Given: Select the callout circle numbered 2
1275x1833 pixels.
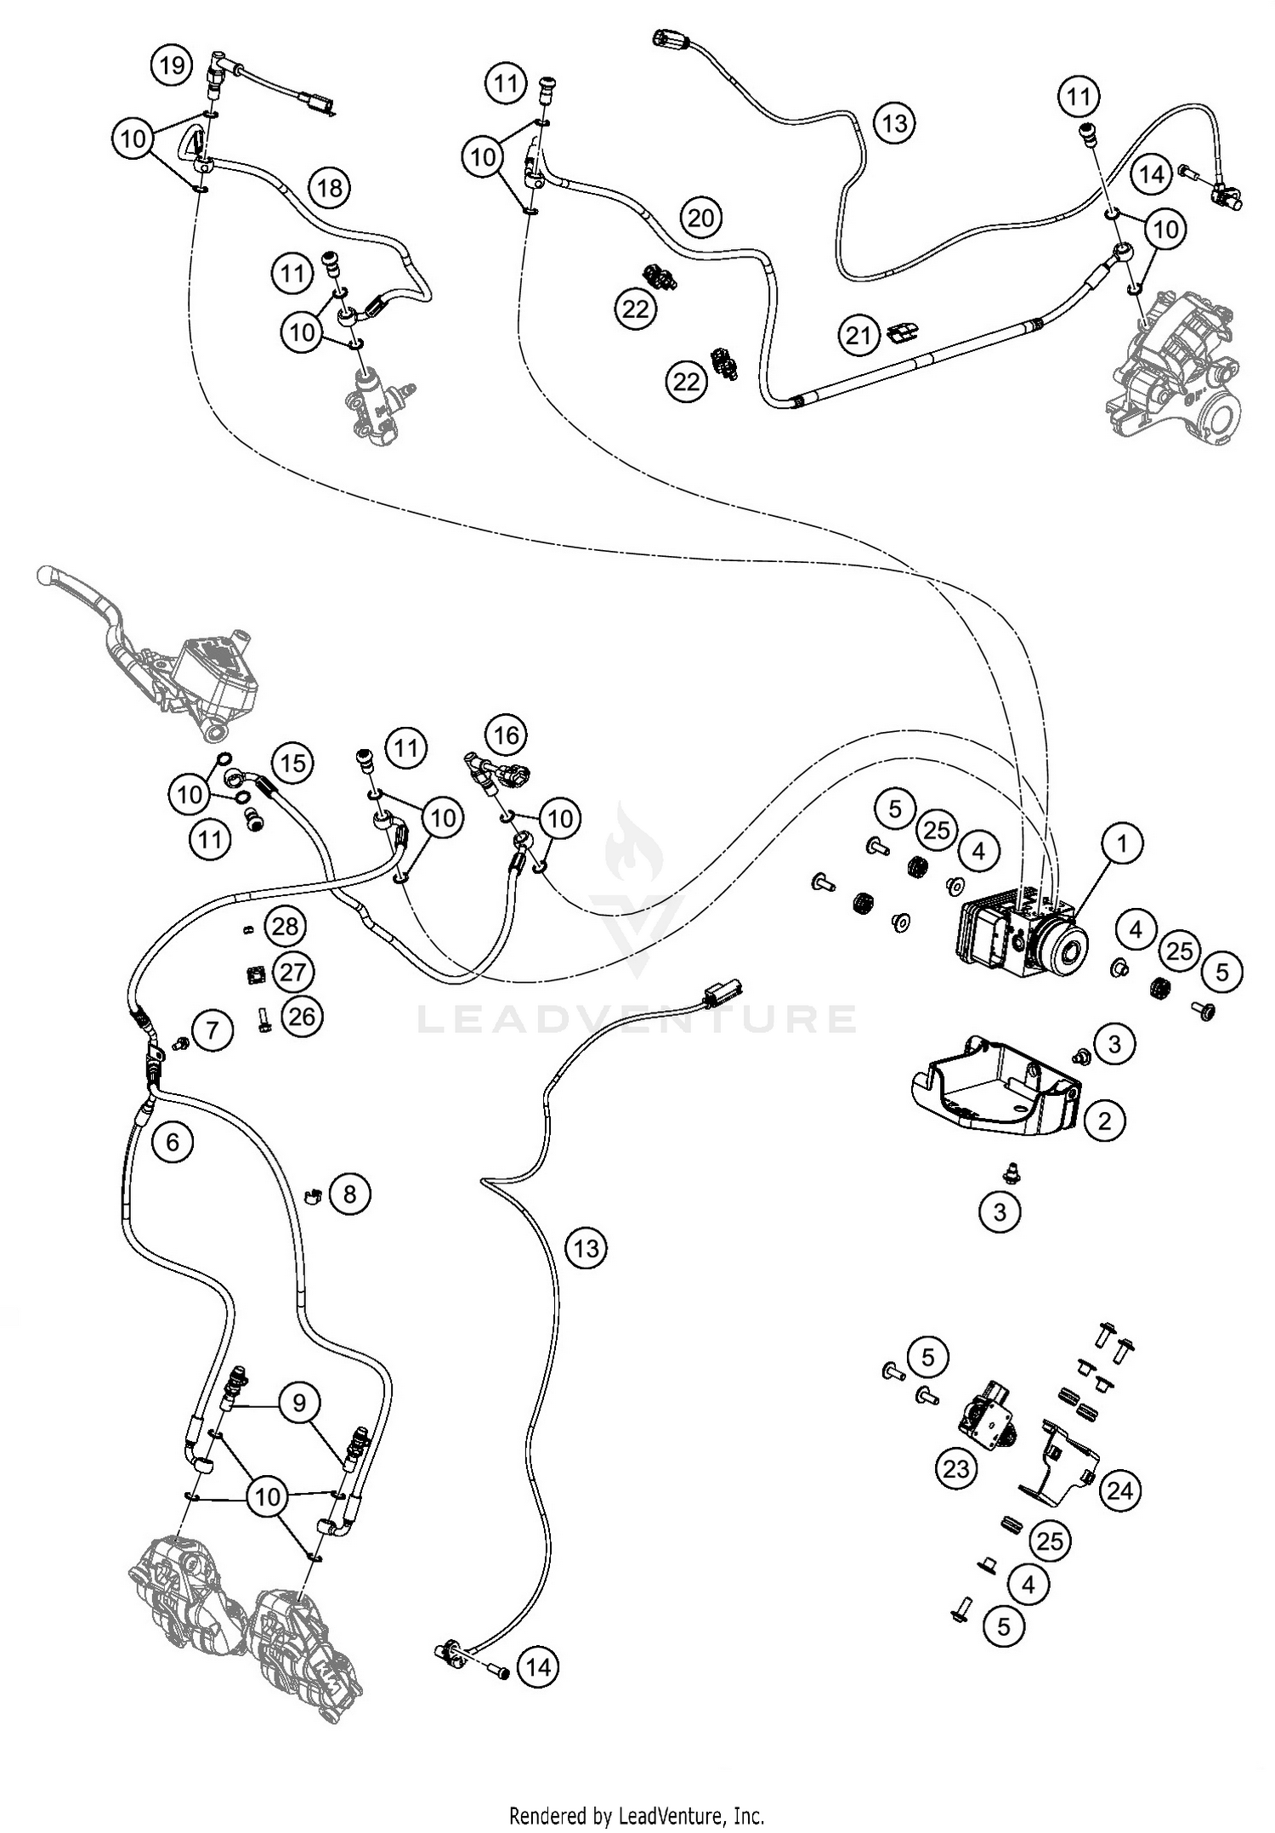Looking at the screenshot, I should click(1104, 1121).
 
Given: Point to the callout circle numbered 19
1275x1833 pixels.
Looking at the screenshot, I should click(173, 65).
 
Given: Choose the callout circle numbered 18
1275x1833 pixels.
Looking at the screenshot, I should click(330, 186).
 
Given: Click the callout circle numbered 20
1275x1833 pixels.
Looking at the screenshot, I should click(700, 218).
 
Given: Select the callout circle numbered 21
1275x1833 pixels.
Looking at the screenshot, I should click(858, 335).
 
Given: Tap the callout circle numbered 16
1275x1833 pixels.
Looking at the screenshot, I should click(507, 734).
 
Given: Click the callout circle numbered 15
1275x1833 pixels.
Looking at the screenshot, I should click(292, 763).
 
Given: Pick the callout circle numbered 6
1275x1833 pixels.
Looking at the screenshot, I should click(173, 1141).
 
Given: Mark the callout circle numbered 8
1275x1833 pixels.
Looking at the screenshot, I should click(349, 1195).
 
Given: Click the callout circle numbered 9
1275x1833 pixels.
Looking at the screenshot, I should click(298, 1401).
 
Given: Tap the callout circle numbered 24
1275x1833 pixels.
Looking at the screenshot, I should click(1120, 1490).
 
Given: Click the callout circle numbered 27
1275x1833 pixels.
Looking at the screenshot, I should click(292, 971).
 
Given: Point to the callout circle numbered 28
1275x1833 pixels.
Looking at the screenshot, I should click(285, 926).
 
